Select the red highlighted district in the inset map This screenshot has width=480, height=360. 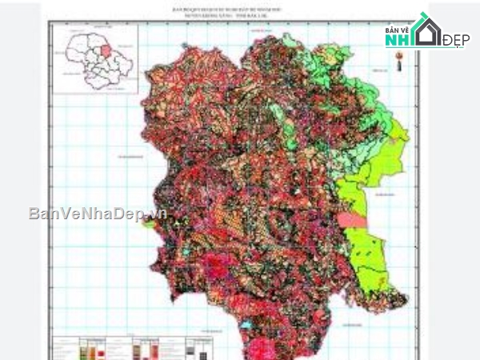(x=105, y=51)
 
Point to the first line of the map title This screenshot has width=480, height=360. (x=237, y=7)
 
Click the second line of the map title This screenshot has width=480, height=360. (x=237, y=14)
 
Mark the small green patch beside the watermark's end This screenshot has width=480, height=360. (x=150, y=225)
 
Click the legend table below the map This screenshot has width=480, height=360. (x=136, y=349)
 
